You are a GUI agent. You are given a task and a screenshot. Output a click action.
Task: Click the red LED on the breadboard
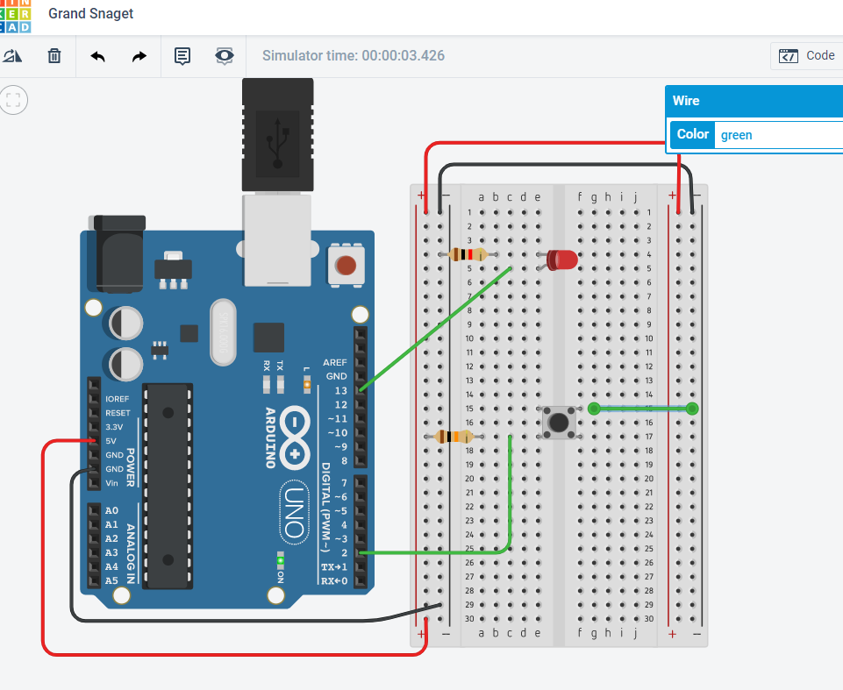click(562, 260)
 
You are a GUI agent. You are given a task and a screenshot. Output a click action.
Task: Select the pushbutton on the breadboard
click(557, 422)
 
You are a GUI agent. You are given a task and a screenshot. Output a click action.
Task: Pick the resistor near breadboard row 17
click(454, 437)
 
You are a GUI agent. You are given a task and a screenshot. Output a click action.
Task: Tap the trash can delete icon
click(54, 56)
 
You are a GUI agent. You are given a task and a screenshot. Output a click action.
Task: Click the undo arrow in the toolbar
click(98, 56)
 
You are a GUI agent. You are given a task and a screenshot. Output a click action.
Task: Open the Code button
click(807, 55)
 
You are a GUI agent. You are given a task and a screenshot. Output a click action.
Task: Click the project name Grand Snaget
click(91, 14)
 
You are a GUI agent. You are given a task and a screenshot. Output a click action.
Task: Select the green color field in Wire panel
click(777, 135)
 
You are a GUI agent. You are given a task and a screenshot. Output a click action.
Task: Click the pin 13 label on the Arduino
click(340, 390)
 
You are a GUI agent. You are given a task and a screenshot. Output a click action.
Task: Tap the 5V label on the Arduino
click(111, 441)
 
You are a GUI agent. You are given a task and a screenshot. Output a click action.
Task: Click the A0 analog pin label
click(111, 510)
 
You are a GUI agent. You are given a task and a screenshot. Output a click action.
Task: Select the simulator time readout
click(354, 56)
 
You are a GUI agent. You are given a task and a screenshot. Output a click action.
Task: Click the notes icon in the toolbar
click(182, 56)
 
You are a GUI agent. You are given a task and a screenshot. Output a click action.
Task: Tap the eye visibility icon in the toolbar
click(225, 56)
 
